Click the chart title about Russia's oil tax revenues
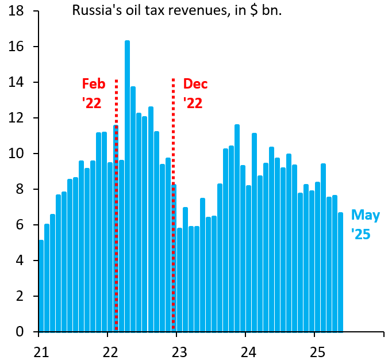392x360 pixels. [176, 11]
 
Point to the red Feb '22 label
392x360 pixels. [94, 93]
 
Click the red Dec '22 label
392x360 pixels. [195, 93]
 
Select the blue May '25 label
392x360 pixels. [366, 224]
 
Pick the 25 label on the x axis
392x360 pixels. [315, 349]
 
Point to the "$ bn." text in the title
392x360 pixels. [264, 11]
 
